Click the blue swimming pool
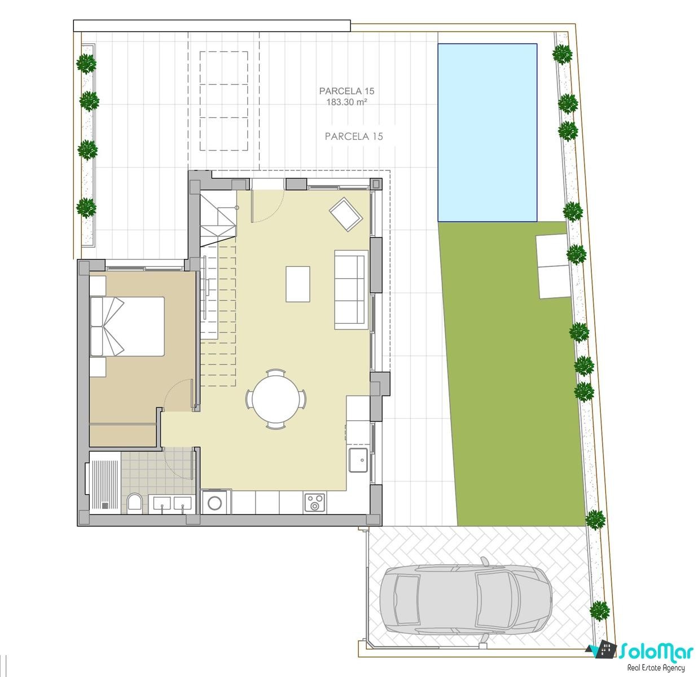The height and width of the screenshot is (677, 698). point(487,133)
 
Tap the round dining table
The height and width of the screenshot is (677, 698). point(275,399)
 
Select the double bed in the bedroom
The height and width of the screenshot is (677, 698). point(128,326)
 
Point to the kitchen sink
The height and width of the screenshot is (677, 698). point(358,460)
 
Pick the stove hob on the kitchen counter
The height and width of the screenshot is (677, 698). point(314,502)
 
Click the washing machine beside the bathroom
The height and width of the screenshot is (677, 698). point(214,502)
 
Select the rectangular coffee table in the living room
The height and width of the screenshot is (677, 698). point(298,284)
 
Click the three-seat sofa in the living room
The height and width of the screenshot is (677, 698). point(351,289)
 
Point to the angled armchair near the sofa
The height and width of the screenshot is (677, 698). point(346,214)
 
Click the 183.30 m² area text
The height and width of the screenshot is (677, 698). point(346,102)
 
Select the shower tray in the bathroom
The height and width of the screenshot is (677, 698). point(105,483)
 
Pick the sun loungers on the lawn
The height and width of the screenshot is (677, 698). point(553,266)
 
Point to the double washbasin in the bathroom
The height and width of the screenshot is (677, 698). point(173,503)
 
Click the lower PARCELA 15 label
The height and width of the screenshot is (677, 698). point(354,137)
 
